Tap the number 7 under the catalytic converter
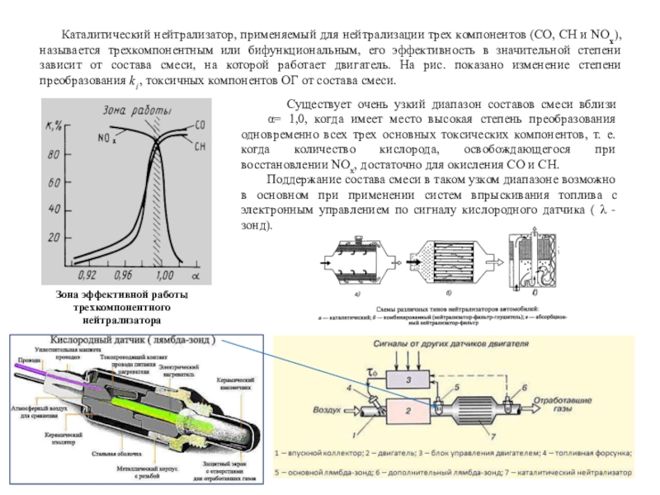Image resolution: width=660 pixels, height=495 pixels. click(493, 435)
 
